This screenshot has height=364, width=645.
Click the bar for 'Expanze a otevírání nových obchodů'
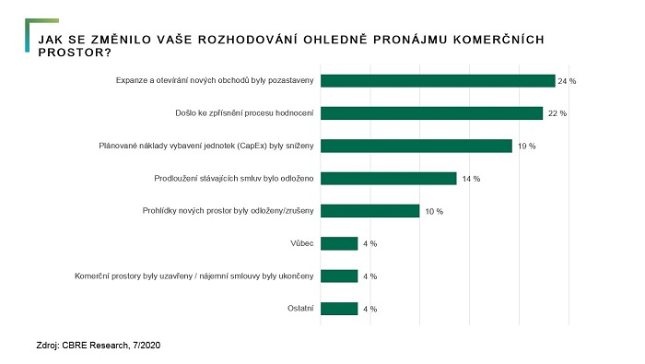pos(438,81)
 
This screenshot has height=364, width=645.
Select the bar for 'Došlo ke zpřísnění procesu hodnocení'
pos(431,113)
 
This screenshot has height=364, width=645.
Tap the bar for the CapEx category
pos(416,146)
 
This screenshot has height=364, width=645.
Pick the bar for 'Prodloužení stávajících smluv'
pos(389,178)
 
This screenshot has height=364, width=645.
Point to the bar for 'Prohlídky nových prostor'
pos(369,211)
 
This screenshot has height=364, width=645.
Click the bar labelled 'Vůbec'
pos(339,243)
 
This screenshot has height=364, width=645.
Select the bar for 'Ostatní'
pos(339,308)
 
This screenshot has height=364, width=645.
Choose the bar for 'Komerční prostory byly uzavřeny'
pos(339,276)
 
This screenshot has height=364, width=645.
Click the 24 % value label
pos(567,82)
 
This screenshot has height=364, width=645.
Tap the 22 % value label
pos(557,114)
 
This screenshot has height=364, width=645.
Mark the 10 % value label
pos(434,211)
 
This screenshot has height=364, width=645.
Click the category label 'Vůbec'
pos(301,243)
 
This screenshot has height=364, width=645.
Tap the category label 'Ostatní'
pos(299,308)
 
